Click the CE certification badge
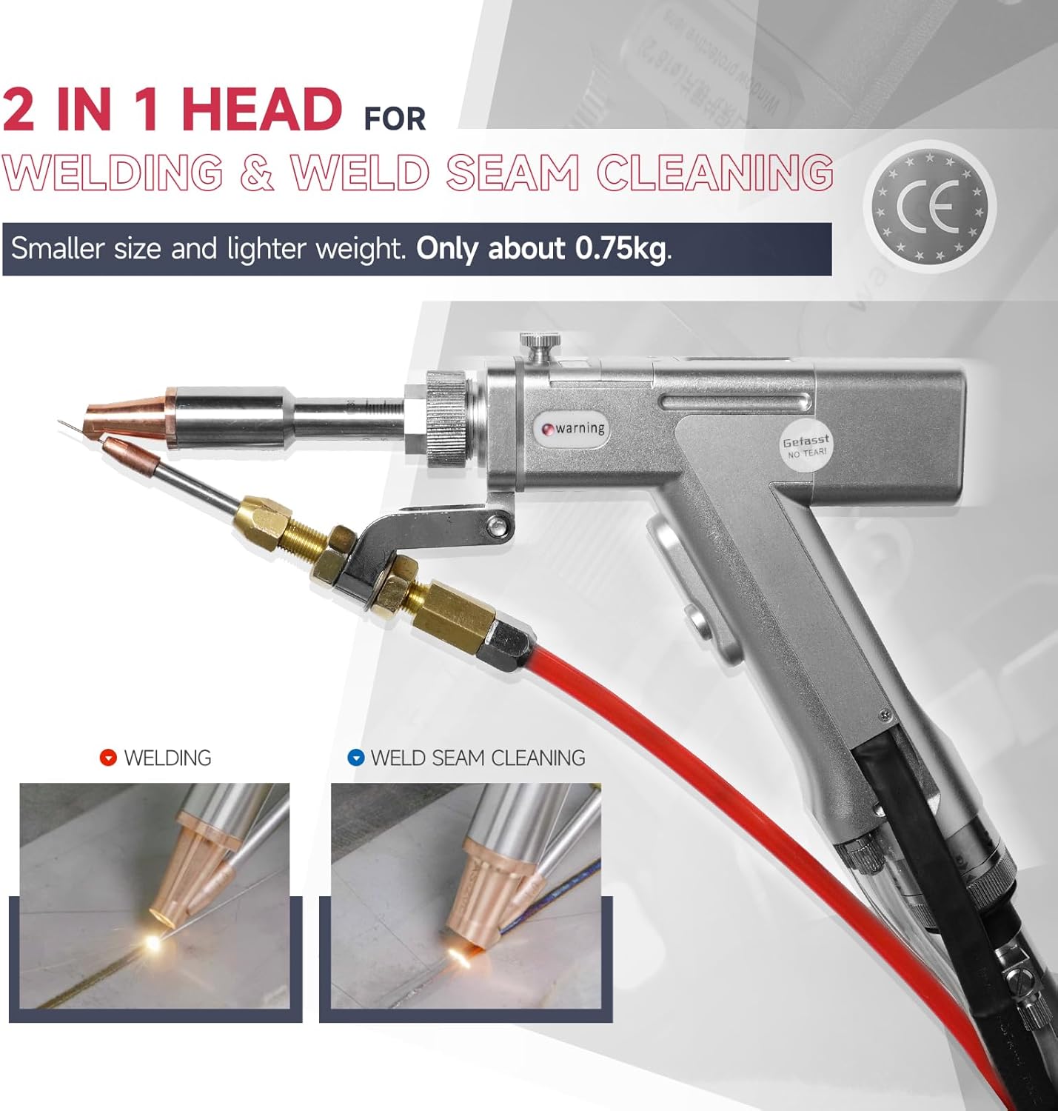pyautogui.click(x=930, y=207)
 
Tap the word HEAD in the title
pyautogui.click(x=261, y=109)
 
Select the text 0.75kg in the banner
pyautogui.click(x=620, y=249)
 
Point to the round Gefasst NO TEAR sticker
pyautogui.click(x=806, y=447)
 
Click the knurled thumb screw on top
pyautogui.click(x=540, y=344)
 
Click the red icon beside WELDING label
pyautogui.click(x=108, y=758)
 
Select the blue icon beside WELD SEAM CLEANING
pyautogui.click(x=356, y=758)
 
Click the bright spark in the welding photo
pyautogui.click(x=153, y=941)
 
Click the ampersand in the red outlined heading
pyautogui.click(x=256, y=173)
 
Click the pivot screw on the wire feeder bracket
pyautogui.click(x=500, y=525)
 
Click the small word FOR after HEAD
pyautogui.click(x=395, y=119)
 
